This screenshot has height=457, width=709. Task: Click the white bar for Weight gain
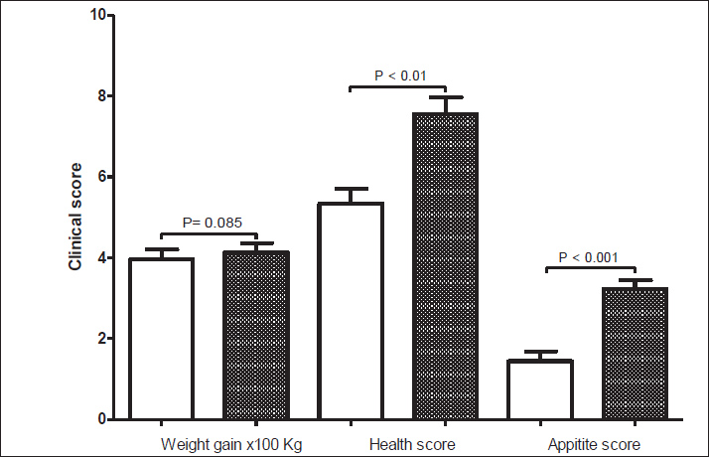click(x=160, y=338)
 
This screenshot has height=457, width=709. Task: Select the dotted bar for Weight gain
click(x=255, y=335)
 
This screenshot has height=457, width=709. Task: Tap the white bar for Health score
click(x=351, y=310)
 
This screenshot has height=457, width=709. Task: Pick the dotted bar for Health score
click(x=446, y=265)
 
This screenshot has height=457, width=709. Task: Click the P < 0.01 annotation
click(x=398, y=75)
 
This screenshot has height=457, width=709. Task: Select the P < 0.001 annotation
click(x=588, y=258)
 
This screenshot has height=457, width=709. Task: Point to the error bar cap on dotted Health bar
click(x=446, y=97)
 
